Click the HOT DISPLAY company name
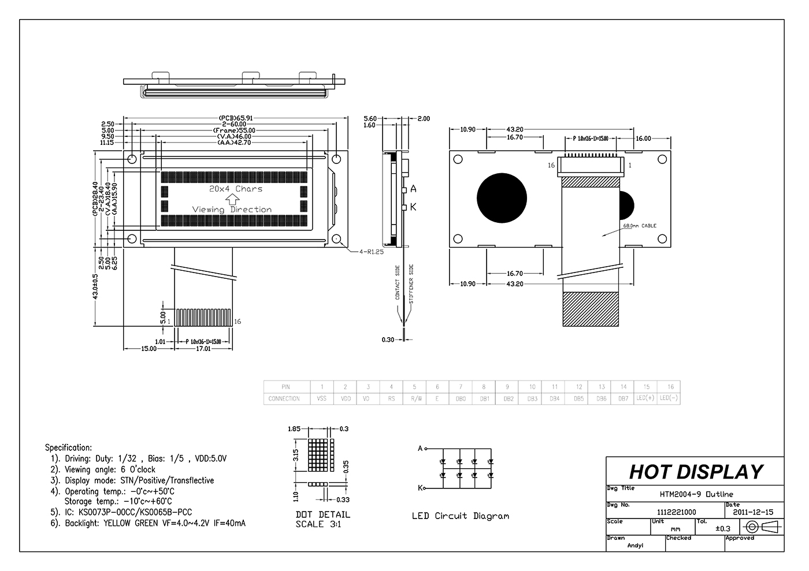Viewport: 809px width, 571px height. pos(696,472)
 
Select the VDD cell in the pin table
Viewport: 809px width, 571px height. pos(345,398)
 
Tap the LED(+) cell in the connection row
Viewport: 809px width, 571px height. pos(646,398)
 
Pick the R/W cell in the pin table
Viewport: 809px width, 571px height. pos(414,398)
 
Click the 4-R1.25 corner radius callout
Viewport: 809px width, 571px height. pos(371,252)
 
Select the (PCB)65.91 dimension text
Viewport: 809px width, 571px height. pos(236,118)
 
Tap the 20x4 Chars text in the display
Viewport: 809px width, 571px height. pos(235,189)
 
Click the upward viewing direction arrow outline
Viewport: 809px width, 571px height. pos(232,199)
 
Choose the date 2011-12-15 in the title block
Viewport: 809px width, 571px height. pos(753,512)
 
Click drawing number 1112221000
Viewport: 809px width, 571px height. pos(677,512)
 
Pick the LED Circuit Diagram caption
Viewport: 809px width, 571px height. pos(460,516)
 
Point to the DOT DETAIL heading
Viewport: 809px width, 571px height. pos(322,514)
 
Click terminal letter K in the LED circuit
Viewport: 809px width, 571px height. pos(420,488)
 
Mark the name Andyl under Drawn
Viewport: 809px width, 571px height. pos(634,546)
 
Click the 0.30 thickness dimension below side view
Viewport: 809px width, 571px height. pos(388,339)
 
